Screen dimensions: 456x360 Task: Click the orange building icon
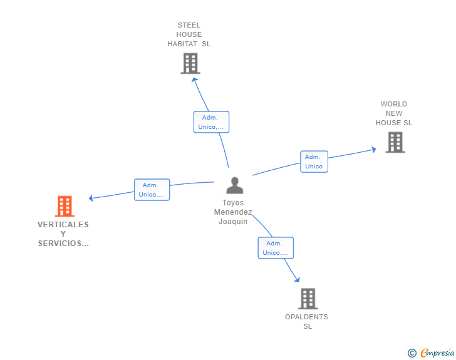[x=65, y=206]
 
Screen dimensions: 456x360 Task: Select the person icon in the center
[x=235, y=185]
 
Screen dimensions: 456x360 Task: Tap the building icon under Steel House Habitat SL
[x=190, y=63]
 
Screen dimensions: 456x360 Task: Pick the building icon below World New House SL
[x=395, y=142]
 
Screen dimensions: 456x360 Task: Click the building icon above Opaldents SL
[x=308, y=299]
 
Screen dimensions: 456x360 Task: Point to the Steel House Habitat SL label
[x=189, y=34]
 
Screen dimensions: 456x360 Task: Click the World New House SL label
[x=394, y=113]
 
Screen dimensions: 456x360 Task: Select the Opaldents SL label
[x=306, y=321]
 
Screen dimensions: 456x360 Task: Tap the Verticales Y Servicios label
[x=63, y=234]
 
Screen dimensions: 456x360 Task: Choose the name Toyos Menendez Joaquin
[x=233, y=212]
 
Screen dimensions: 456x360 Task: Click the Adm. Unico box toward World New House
[x=314, y=162]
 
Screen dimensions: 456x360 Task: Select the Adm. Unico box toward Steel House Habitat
[x=212, y=122]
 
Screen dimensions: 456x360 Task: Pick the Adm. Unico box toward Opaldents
[x=276, y=248]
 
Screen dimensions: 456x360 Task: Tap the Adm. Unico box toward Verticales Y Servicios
[x=152, y=190]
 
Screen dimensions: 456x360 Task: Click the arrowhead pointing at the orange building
[x=91, y=198]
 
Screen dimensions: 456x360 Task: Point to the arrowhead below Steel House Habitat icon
[x=195, y=80]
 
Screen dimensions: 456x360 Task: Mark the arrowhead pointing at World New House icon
[x=374, y=150]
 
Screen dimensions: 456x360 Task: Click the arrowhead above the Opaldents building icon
[x=297, y=279]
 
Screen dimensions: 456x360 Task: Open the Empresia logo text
[x=437, y=352]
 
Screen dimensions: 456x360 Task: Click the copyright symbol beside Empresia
[x=412, y=353]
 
